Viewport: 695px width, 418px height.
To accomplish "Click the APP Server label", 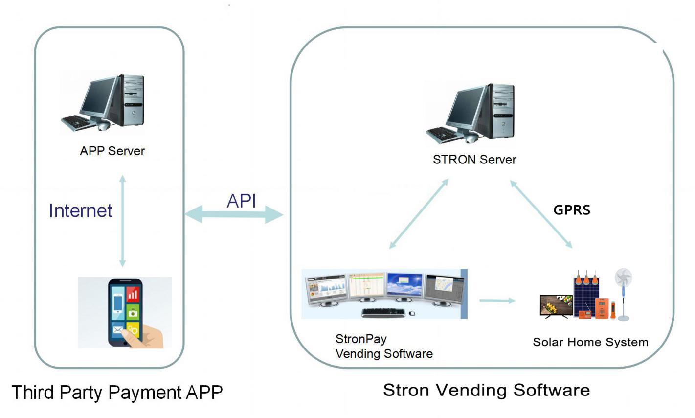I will click(x=112, y=151).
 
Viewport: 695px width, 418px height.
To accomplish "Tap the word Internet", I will click(x=80, y=211).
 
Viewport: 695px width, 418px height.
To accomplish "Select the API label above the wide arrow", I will click(x=241, y=201).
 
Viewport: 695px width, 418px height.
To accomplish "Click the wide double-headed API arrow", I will click(x=234, y=214).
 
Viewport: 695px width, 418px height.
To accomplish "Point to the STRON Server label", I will click(x=474, y=160).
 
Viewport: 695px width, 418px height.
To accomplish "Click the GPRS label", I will click(x=572, y=210).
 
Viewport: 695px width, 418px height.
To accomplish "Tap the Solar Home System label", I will click(x=590, y=342).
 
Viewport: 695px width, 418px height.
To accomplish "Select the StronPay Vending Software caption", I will click(x=383, y=346).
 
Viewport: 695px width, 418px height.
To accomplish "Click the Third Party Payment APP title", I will click(x=117, y=392).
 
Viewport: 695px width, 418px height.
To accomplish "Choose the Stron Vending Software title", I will click(x=486, y=390).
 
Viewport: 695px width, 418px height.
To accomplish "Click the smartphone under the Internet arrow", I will click(x=125, y=312).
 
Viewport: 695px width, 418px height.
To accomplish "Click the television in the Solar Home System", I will click(x=556, y=305).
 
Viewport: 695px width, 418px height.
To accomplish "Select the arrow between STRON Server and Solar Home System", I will click(x=541, y=214).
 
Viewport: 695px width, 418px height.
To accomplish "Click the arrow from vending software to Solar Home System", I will click(x=497, y=300).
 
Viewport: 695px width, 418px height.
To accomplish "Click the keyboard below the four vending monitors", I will click(x=383, y=312).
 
